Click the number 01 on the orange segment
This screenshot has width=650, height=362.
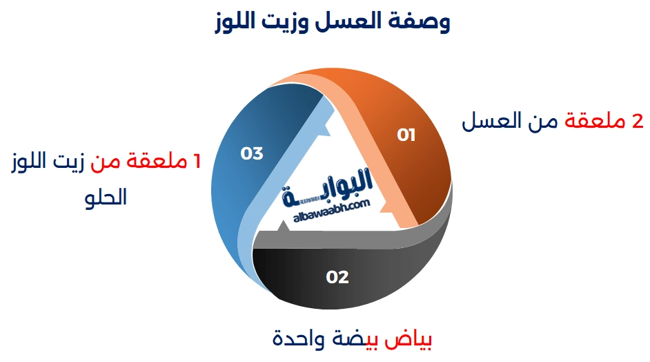[x=406, y=135]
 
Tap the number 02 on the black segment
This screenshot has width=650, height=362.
[x=337, y=278]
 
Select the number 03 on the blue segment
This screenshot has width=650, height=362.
[x=252, y=153]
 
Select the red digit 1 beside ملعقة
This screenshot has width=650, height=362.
[x=197, y=162]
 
